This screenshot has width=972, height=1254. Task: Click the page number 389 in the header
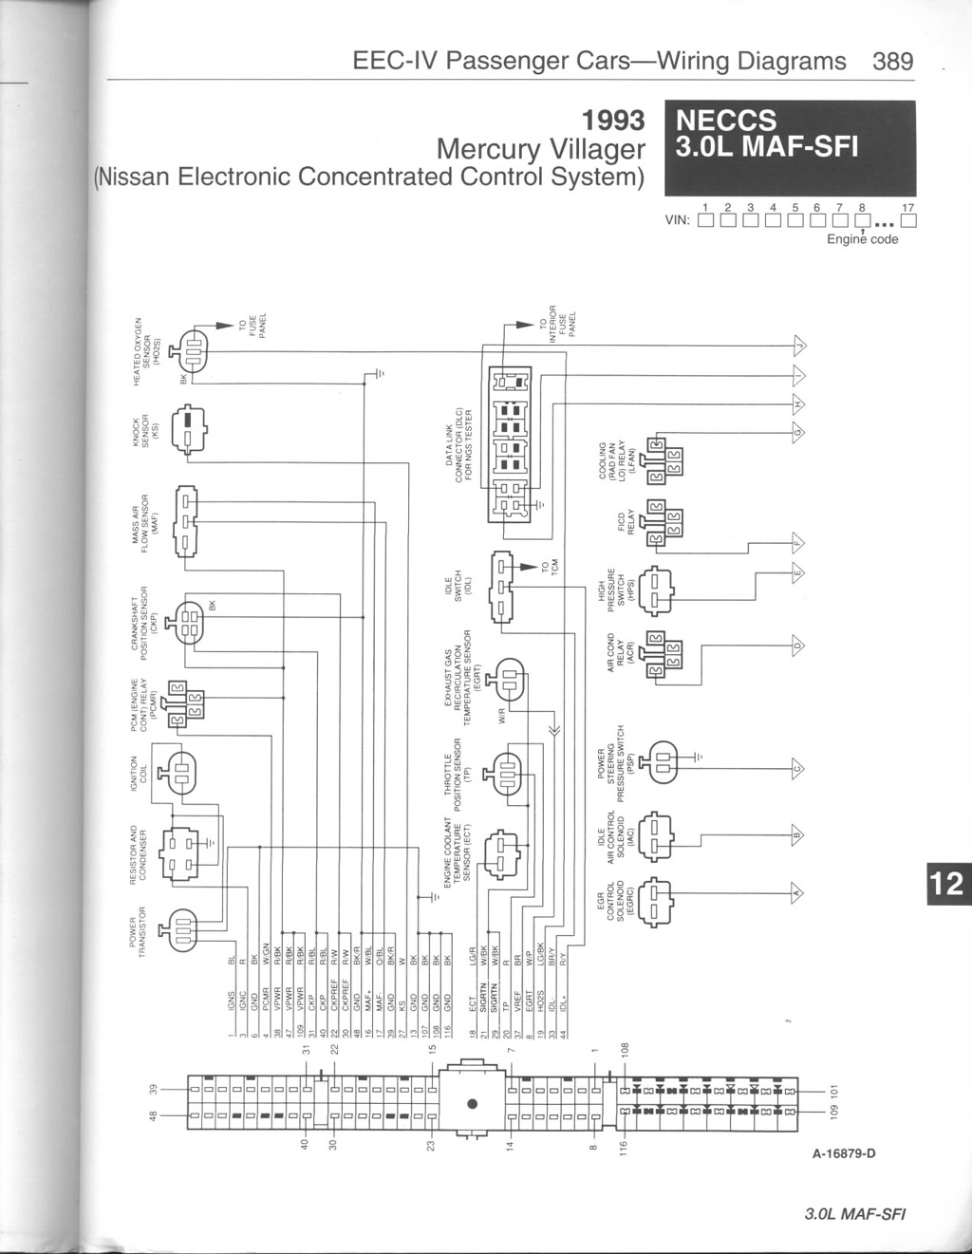pos(892,62)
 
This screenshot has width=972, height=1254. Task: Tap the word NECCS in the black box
pos(724,121)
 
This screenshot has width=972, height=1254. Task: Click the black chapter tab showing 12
pos(945,884)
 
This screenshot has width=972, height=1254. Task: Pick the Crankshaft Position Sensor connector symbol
pos(189,624)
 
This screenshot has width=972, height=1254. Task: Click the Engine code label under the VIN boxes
pos(862,239)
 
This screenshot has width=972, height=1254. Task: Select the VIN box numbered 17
pos(908,223)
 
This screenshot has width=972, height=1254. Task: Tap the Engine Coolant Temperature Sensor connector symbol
pos(500,852)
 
